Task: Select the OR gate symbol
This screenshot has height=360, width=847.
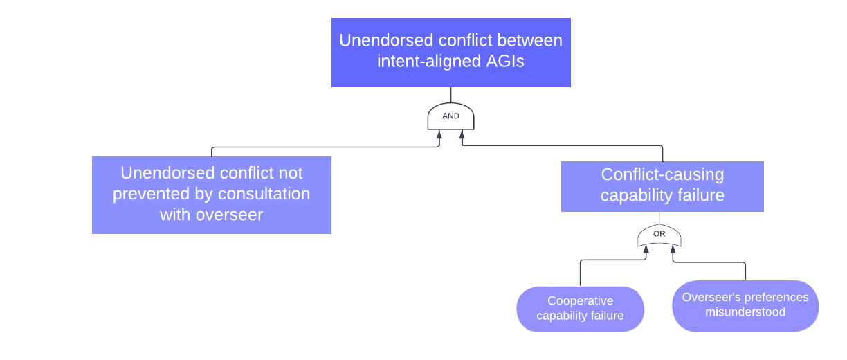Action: coord(659,235)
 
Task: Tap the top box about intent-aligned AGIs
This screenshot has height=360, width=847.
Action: coord(450,52)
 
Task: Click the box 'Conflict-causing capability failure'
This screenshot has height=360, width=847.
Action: coord(662,186)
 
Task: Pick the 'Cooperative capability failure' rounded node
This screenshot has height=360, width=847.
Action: coord(580,309)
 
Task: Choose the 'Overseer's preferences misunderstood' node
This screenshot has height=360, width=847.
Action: coord(745,305)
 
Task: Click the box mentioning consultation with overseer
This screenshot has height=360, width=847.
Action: coord(211,195)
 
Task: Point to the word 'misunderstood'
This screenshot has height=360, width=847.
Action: coord(745,312)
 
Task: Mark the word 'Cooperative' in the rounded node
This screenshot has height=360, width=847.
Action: coord(580,301)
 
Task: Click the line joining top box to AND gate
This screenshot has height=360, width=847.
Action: coord(450,95)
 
